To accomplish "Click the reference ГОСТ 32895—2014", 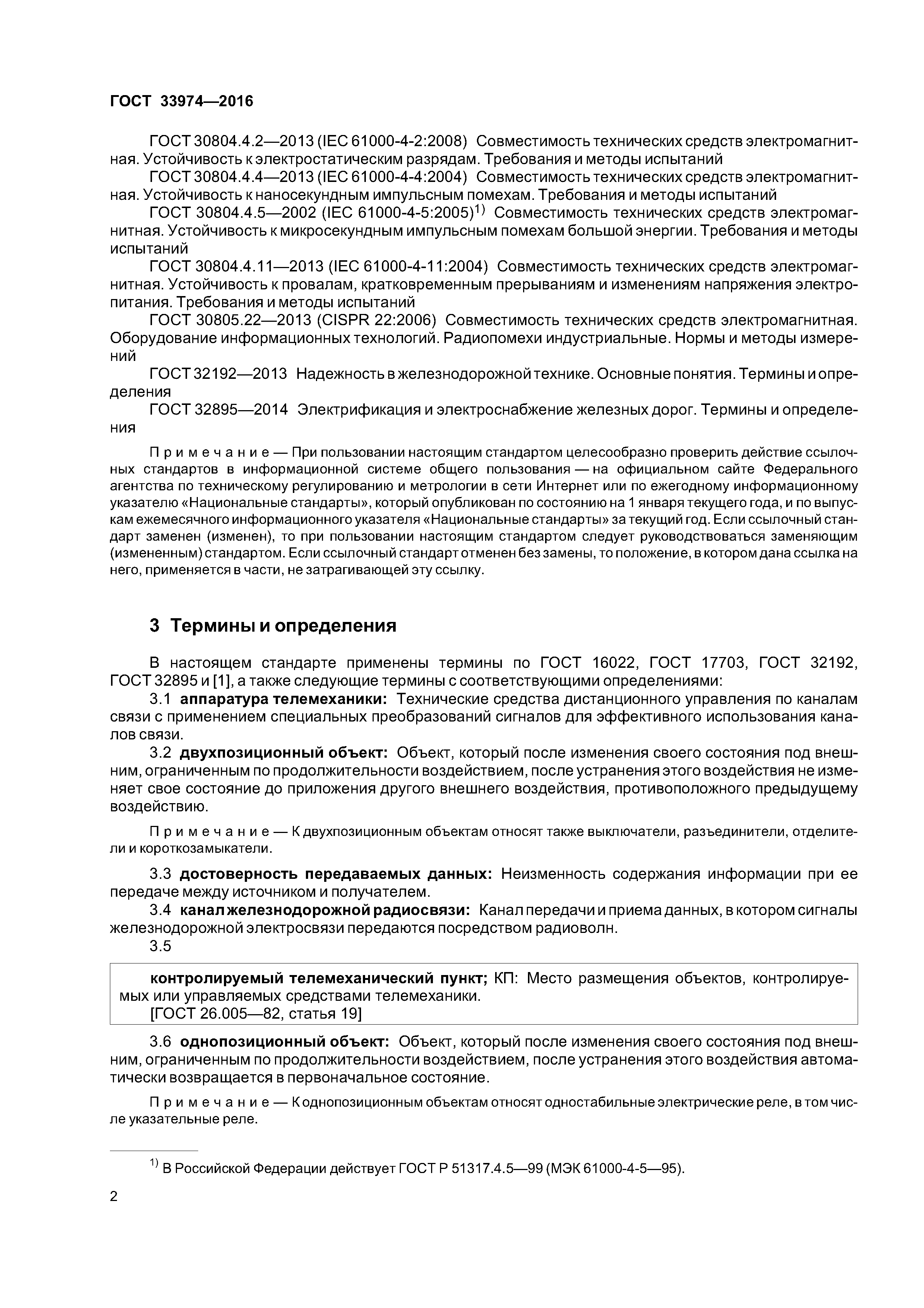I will point(219,410).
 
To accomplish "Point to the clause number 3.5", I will point(160,946).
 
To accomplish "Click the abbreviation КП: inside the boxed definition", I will point(506,979).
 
